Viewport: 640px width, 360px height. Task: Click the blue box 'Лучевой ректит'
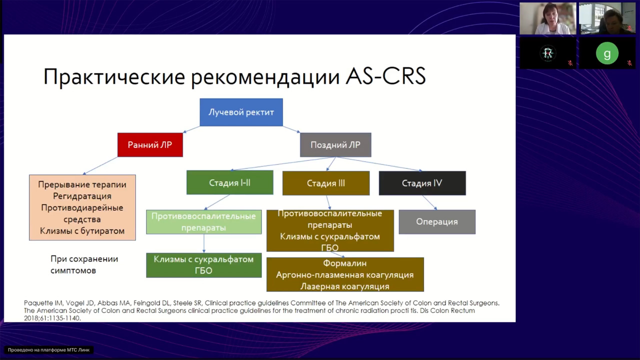coord(241,112)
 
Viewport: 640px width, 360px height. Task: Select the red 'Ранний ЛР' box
coord(150,145)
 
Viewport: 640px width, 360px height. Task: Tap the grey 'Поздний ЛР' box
coord(335,145)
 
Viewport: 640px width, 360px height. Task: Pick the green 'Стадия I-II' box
coord(229,183)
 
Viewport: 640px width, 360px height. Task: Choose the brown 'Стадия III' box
coord(326,183)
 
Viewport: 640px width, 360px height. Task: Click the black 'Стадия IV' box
coord(422,183)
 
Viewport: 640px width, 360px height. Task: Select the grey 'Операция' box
coord(437,222)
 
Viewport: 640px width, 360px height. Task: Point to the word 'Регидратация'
coord(82,196)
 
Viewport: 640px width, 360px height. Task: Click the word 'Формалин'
coord(345,263)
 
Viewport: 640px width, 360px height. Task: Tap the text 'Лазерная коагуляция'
coord(345,286)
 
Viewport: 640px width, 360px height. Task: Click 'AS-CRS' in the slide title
coord(385,77)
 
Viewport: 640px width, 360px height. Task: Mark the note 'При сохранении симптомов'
coord(84,265)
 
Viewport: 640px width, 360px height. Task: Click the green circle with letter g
coord(607,53)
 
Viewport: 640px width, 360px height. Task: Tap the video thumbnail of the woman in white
coord(547,18)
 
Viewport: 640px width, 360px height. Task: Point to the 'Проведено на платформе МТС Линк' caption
coord(49,350)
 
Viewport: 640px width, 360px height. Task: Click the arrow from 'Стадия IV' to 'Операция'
coord(429,202)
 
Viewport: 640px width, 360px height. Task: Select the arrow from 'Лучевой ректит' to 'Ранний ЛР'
coord(191,129)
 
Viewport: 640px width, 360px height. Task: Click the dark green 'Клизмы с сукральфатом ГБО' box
coord(203,265)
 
